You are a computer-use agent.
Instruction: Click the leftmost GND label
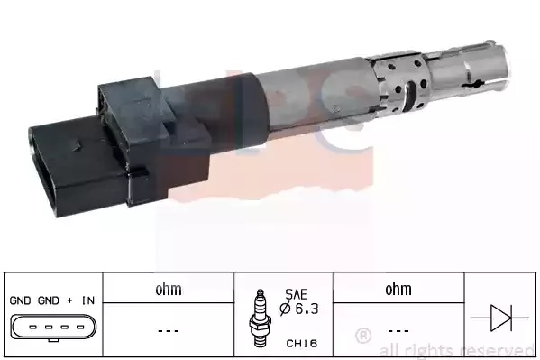point(19,299)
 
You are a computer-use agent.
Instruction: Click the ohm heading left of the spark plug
point(169,290)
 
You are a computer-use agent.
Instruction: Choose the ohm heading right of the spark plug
point(398,290)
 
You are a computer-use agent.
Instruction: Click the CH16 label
point(298,342)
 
